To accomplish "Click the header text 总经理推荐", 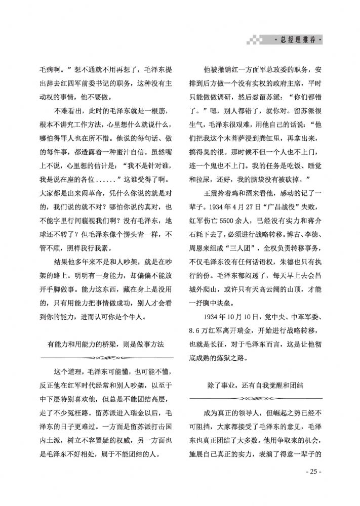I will (x=297, y=41).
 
